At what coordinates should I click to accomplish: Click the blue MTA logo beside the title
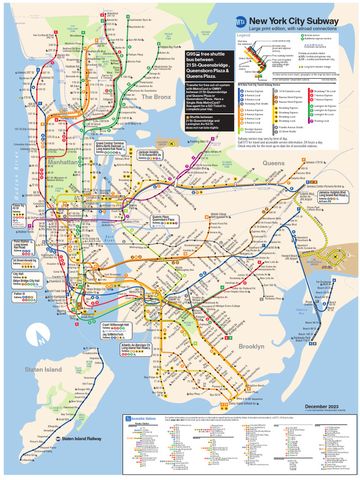[x=240, y=22]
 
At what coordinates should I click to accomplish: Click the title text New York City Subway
[x=293, y=22]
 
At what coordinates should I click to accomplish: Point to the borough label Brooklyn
[x=251, y=346]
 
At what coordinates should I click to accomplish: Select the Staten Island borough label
[x=43, y=370]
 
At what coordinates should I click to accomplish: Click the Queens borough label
[x=273, y=163]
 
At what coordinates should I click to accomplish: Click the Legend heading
[x=244, y=36]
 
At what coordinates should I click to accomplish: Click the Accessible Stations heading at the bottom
[x=144, y=418]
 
